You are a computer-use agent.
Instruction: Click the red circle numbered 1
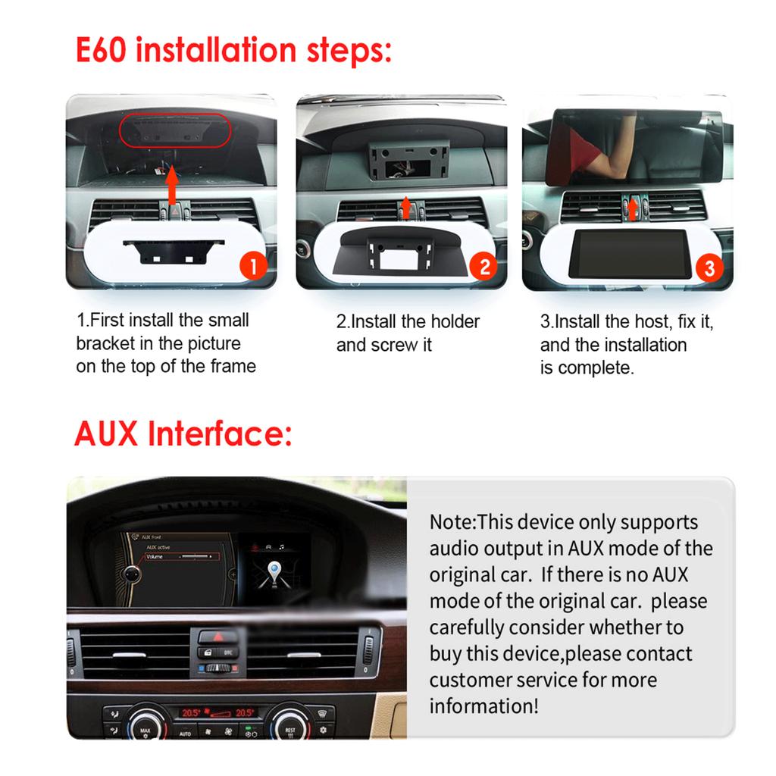coord(253,267)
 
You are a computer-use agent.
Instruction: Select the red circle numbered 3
coord(709,268)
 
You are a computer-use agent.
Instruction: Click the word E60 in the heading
coord(101,50)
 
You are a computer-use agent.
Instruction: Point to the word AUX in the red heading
coord(106,433)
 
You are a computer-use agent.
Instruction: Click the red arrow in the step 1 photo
coord(172,185)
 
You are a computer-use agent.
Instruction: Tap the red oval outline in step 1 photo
coord(175,130)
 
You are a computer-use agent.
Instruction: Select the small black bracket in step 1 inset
coord(174,251)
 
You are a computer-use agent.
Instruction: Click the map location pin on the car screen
coord(274,572)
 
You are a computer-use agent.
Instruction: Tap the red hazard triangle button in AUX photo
coord(217,637)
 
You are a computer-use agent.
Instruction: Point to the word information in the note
coord(483,706)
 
